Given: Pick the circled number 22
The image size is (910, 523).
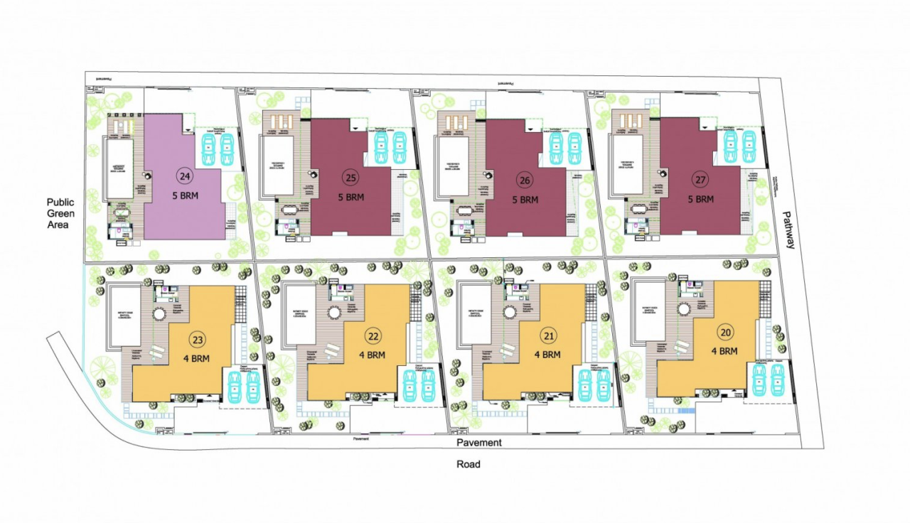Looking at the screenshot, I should click(x=373, y=335).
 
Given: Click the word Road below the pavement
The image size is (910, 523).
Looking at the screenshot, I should click(x=468, y=464).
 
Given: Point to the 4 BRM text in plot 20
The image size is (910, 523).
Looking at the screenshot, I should click(x=724, y=351).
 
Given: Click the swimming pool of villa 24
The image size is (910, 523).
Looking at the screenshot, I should click(x=119, y=168).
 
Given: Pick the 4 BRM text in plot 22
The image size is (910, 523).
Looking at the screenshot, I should click(x=373, y=355).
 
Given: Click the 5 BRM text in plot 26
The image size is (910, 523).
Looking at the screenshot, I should click(x=525, y=200).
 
